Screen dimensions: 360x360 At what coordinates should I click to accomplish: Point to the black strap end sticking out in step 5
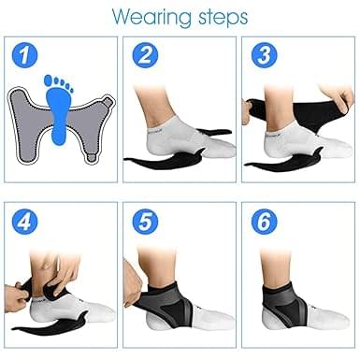tap(140, 323)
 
